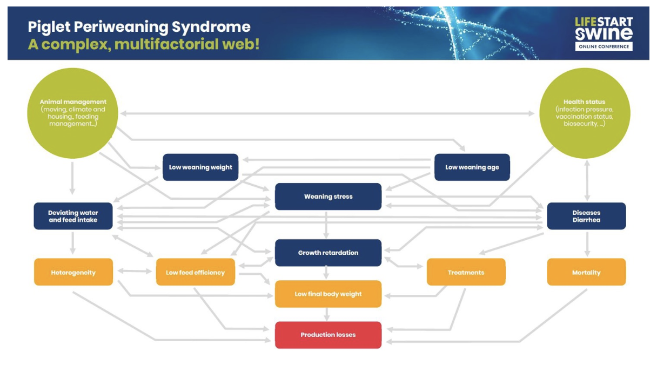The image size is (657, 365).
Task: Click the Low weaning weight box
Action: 200,167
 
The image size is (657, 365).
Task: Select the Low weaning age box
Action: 472,167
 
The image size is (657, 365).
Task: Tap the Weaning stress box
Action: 328,197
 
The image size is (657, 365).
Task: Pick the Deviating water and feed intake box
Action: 73,216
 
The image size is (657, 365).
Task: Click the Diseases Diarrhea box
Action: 586,216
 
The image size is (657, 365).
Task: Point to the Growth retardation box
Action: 328,253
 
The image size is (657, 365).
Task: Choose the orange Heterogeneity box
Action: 73,272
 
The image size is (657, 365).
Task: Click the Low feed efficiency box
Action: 195,272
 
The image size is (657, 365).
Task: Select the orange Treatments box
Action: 466,272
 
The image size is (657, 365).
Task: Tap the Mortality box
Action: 586,272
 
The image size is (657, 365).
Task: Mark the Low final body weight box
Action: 328,294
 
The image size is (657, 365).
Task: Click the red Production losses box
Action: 328,335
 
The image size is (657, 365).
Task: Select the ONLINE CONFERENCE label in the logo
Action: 604,46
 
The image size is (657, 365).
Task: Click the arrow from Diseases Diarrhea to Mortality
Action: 587,244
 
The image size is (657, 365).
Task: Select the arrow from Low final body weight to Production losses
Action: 326,314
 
